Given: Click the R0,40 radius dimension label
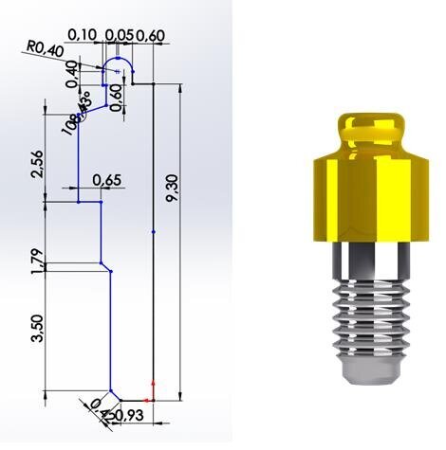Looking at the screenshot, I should pos(45,46).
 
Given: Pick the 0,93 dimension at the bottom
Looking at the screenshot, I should pos(129,415).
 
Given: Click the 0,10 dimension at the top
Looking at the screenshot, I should pos(94,35).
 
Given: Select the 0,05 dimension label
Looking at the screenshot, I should pos(121,35).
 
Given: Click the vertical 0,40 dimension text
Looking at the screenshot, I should pos(72,75).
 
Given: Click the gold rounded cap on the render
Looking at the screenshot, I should pos(371,125).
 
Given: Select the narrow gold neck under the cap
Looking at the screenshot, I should pos(371,143).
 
